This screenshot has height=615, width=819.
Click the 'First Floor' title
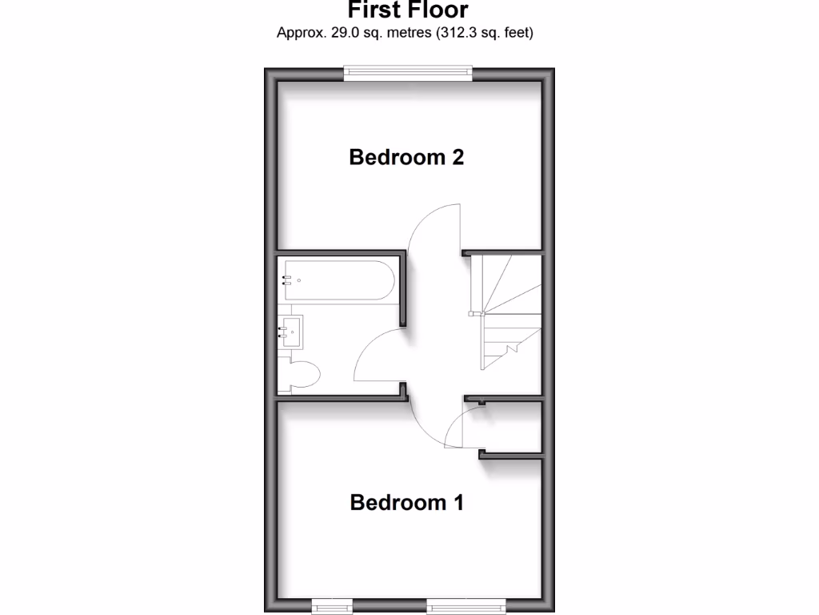point(408,10)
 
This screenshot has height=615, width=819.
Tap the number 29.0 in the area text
point(345,33)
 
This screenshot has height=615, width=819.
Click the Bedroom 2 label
point(406,157)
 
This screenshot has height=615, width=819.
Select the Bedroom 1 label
point(406,503)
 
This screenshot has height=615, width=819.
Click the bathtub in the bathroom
point(337,281)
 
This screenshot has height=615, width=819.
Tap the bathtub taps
point(286,281)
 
